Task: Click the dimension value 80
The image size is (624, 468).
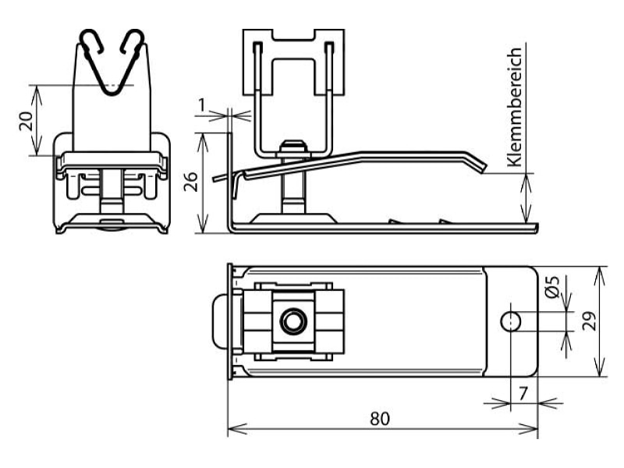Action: [x=380, y=419]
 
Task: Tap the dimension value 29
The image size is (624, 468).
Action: [x=590, y=321]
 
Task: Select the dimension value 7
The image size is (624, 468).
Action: [x=523, y=394]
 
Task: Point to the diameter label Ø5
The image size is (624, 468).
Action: [x=552, y=286]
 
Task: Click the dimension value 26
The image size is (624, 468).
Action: [x=191, y=182]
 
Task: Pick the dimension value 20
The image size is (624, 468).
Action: [x=27, y=121]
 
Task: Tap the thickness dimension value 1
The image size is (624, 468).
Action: [x=202, y=105]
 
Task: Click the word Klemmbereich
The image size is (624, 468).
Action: [x=515, y=107]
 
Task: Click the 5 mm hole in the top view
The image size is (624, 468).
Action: [x=511, y=321]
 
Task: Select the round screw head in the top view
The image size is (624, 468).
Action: [x=293, y=321]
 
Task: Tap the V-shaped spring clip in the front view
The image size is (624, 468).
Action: [x=112, y=62]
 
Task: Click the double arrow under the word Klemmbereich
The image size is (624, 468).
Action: [x=526, y=198]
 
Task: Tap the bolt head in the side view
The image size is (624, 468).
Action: [x=293, y=146]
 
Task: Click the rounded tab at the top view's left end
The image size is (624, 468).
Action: [x=222, y=321]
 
